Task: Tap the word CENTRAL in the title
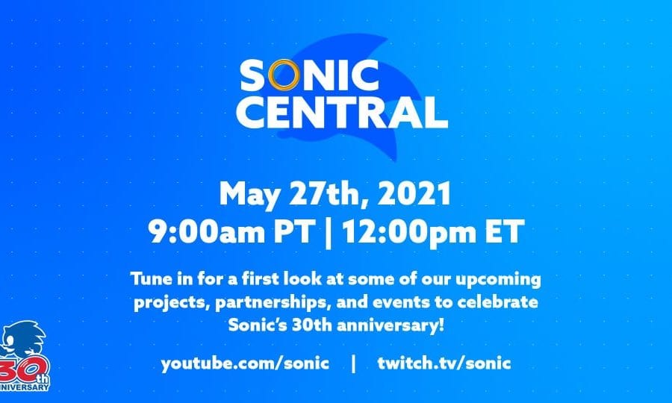(342, 112)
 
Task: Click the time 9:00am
(206, 231)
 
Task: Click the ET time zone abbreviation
(505, 231)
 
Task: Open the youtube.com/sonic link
(245, 363)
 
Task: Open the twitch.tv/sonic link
(444, 363)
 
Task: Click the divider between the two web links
(354, 364)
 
